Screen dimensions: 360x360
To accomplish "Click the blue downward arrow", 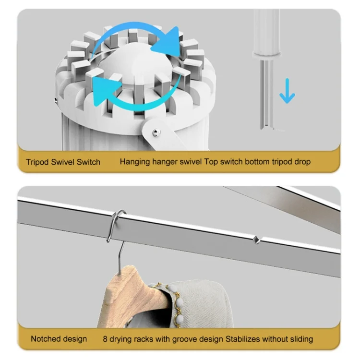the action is pos(287,91).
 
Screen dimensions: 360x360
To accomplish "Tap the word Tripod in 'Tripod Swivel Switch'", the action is pos(37,162).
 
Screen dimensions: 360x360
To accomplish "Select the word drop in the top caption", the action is pos(302,162).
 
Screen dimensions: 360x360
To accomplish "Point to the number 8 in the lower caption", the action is pos(105,339).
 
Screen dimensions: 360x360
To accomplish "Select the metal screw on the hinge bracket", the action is pos(156,132).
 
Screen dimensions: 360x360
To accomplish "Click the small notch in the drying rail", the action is pos(256,240).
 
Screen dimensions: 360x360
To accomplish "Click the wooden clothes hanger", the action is pos(135,291).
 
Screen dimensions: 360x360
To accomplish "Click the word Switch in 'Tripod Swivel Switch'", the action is pos(88,162).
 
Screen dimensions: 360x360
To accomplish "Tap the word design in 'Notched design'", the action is pos(75,339).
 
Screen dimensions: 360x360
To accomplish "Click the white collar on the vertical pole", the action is pos(266,55).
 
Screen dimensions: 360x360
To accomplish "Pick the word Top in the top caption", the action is pos(211,162).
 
